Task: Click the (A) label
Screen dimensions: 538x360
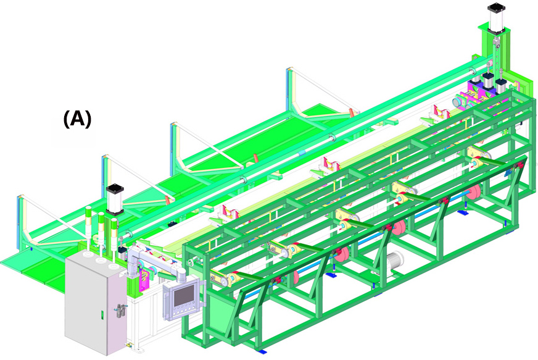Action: coord(78,119)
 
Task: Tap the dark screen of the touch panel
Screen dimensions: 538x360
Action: coord(184,296)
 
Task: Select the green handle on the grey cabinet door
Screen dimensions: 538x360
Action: coord(102,314)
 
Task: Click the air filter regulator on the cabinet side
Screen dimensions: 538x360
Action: coord(120,311)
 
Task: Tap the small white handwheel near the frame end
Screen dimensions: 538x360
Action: coord(191,264)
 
